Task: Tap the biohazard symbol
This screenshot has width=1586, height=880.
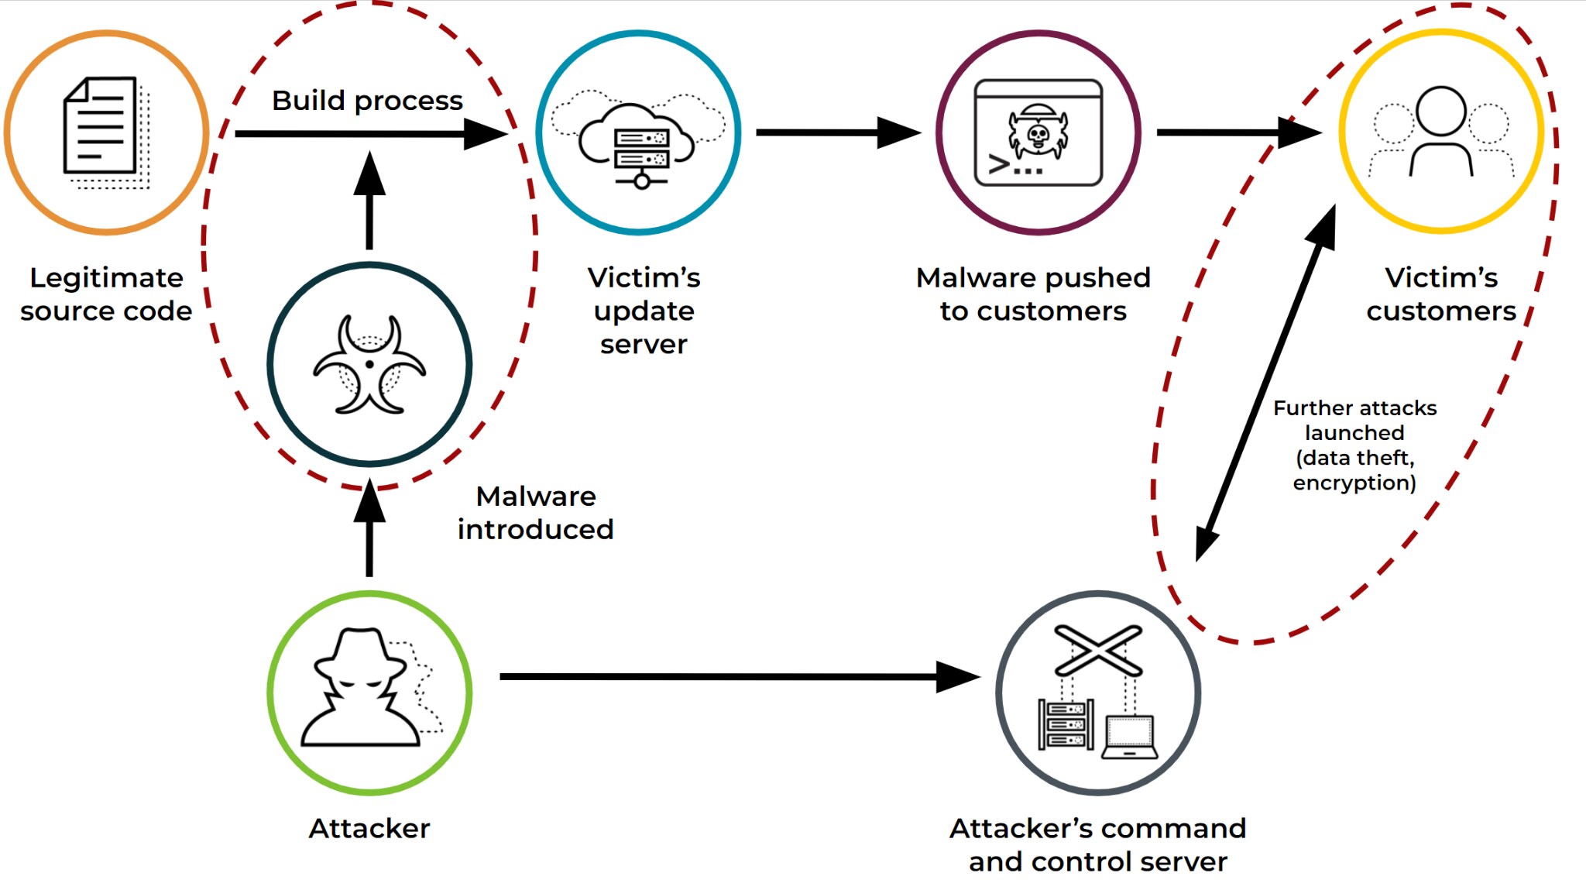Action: (369, 364)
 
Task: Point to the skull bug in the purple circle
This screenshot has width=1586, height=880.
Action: (1038, 134)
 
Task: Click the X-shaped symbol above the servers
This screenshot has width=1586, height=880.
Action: (1098, 650)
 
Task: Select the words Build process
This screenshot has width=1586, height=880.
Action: (367, 101)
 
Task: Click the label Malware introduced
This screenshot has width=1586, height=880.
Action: (536, 513)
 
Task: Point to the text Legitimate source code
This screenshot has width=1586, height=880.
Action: (106, 294)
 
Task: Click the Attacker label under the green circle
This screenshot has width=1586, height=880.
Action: (369, 828)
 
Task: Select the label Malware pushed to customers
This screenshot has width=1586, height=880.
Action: (1033, 294)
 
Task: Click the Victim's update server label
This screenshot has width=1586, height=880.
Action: (644, 311)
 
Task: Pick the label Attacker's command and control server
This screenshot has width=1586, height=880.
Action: (1097, 844)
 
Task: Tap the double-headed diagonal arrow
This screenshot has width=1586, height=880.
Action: (1266, 383)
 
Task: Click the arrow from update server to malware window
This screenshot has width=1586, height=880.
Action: (836, 132)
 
